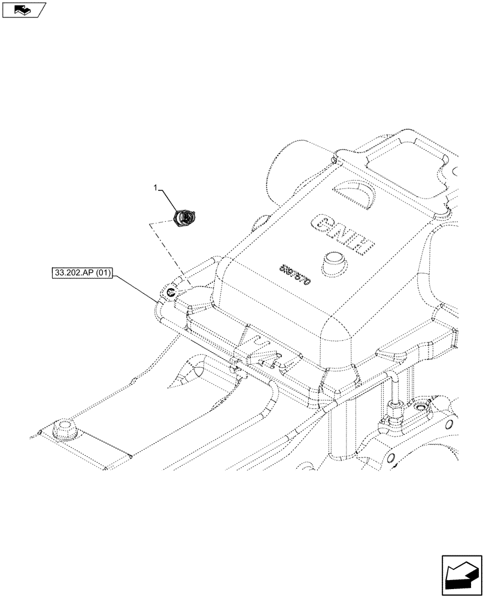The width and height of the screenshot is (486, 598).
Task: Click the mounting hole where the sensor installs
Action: [171, 292]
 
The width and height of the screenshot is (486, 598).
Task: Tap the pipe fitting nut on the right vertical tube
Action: [396, 412]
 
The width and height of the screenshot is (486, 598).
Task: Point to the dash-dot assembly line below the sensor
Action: [171, 251]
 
